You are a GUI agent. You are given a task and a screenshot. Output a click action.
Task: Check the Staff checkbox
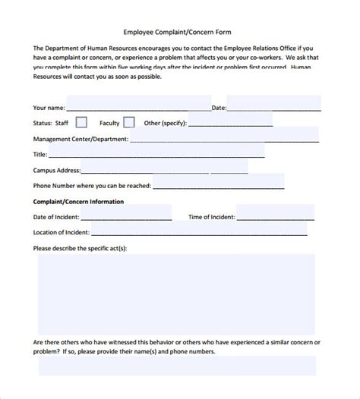click(x=81, y=122)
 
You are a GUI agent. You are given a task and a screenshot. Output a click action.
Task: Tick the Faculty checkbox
click(x=129, y=122)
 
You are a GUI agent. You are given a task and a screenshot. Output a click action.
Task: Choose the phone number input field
click(x=218, y=184)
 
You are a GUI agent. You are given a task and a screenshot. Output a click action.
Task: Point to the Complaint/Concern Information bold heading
click(x=78, y=202)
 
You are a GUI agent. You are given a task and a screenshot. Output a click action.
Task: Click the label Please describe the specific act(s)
click(x=81, y=248)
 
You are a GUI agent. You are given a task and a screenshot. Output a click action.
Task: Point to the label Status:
click(x=43, y=123)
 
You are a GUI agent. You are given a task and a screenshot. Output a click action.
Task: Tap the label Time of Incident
click(x=210, y=218)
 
